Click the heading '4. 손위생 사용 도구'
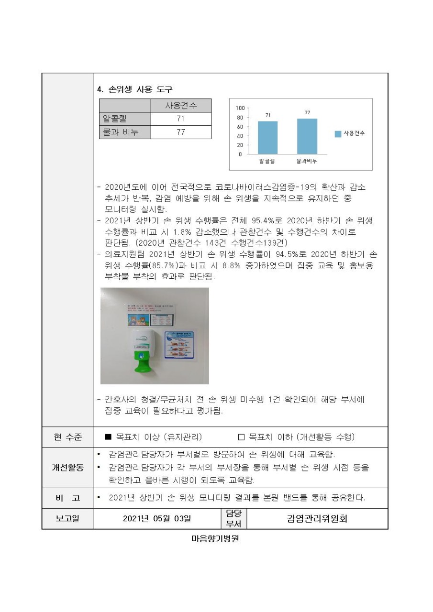click(x=134, y=89)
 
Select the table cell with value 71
click(x=180, y=119)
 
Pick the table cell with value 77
click(x=180, y=132)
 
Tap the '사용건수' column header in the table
click(x=180, y=106)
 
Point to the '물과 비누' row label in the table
click(x=120, y=132)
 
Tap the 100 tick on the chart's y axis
click(x=240, y=109)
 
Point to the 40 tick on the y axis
click(x=240, y=136)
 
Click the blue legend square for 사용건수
click(x=338, y=133)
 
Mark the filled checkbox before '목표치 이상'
click(x=108, y=437)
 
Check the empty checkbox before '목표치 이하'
click(x=241, y=437)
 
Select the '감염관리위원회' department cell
click(x=317, y=519)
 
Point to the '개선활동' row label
click(x=67, y=468)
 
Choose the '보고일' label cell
click(x=67, y=519)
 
